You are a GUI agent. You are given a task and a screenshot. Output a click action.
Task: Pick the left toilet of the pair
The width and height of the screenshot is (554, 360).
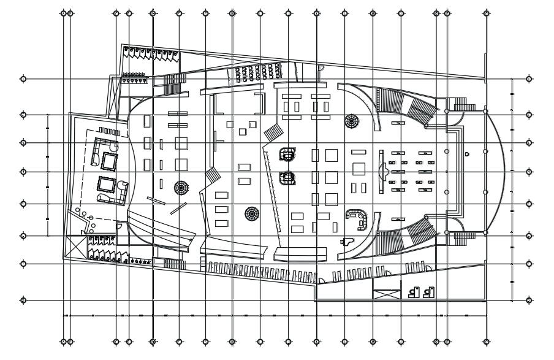pos(413,293)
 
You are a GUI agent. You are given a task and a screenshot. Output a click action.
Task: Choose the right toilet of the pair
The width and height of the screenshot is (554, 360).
pos(428,293)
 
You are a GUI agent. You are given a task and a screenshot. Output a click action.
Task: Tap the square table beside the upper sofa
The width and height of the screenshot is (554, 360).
pos(109,161)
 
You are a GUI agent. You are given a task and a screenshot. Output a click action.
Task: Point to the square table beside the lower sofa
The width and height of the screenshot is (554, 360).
pos(105,183)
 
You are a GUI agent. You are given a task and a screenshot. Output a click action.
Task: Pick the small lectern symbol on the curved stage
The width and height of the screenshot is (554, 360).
pos(467,154)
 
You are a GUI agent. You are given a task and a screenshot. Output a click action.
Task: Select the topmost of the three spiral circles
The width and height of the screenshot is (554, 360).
pos(352,121)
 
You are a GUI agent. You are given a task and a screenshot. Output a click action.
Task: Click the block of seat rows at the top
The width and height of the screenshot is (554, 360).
pos(256,74)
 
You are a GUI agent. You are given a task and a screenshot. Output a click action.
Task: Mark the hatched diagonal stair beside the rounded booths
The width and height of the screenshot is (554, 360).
pos(273,131)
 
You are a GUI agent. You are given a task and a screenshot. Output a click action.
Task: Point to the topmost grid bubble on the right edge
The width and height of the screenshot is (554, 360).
pos(529,79)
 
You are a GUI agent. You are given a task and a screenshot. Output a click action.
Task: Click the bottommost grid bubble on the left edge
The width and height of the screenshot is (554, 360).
pos(23,301)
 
